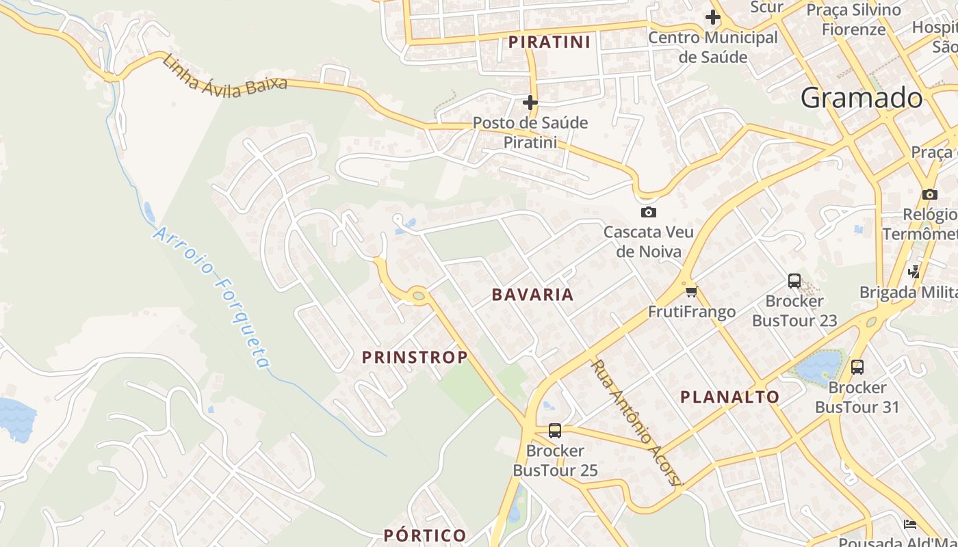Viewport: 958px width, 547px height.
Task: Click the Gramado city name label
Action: pyautogui.click(x=862, y=98)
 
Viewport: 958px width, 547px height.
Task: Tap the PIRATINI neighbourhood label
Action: pyautogui.click(x=549, y=42)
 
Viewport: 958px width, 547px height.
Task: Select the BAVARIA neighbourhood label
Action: pyautogui.click(x=532, y=295)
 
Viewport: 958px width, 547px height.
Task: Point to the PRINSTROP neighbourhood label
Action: pyautogui.click(x=415, y=357)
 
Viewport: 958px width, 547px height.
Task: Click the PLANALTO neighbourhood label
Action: pyautogui.click(x=729, y=397)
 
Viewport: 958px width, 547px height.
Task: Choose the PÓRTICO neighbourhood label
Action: pyautogui.click(x=425, y=535)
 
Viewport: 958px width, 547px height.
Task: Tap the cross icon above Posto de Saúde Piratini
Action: pyautogui.click(x=530, y=103)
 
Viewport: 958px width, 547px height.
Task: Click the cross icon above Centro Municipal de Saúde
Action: pyautogui.click(x=713, y=17)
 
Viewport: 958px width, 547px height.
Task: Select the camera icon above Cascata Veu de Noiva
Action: pyautogui.click(x=648, y=212)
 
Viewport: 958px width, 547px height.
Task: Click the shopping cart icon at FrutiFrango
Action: pyautogui.click(x=691, y=292)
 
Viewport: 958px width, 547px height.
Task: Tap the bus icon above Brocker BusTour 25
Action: pyautogui.click(x=555, y=431)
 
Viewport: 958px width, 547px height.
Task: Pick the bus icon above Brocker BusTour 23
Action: pyautogui.click(x=794, y=280)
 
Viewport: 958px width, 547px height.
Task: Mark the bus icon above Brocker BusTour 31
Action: pyautogui.click(x=857, y=367)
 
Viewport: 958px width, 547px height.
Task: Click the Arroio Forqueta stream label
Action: pyautogui.click(x=212, y=297)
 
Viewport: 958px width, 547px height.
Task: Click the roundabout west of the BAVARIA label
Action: pyautogui.click(x=419, y=295)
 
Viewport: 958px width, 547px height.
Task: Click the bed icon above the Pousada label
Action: pyautogui.click(x=909, y=524)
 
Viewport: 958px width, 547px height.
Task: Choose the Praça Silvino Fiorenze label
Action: pyautogui.click(x=853, y=20)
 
